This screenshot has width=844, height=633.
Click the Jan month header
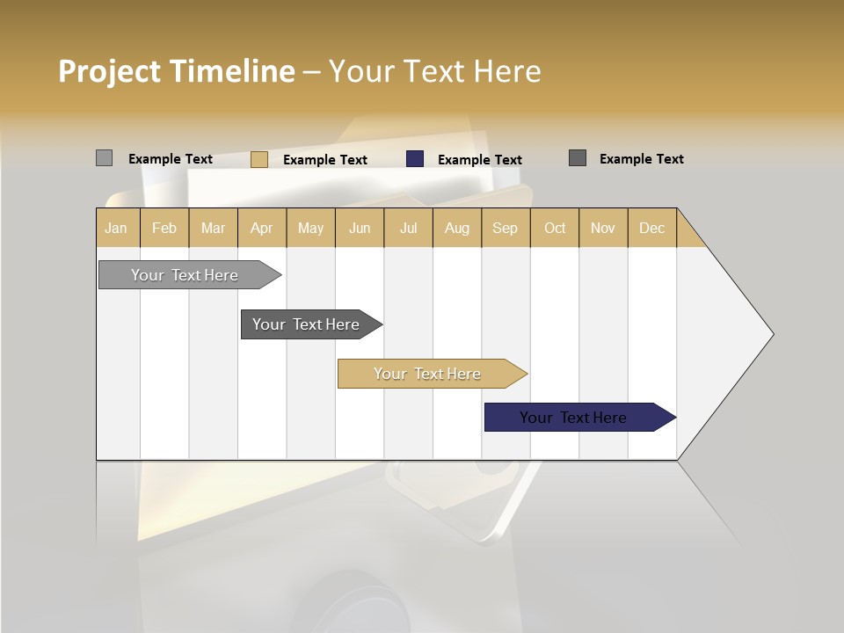tap(117, 228)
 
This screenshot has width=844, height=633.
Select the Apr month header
tap(261, 228)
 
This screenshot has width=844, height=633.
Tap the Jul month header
tap(408, 228)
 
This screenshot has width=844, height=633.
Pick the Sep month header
tap(505, 228)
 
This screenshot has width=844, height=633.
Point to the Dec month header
tap(651, 228)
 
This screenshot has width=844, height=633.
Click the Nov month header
tap(602, 228)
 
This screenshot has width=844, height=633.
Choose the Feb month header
tap(164, 228)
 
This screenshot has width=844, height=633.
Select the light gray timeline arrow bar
tap(186, 275)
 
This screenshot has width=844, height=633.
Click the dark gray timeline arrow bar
tap(307, 324)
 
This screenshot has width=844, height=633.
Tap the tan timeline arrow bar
tap(428, 374)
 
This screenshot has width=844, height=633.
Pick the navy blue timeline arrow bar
tap(574, 418)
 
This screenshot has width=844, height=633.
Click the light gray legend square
tap(104, 158)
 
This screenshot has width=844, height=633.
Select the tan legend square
tap(258, 159)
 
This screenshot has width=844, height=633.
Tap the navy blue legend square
tap(415, 159)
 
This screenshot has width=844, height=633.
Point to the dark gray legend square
tap(577, 158)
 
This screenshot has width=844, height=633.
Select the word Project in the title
tap(110, 71)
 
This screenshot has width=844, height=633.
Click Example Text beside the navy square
tap(479, 160)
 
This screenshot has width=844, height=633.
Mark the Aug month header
tap(456, 228)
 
